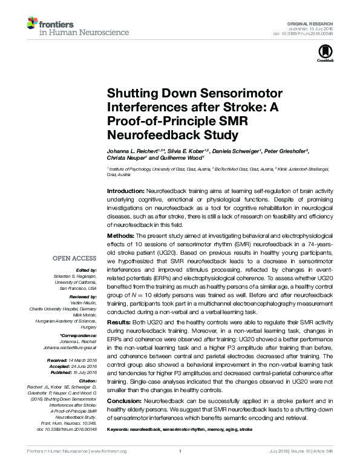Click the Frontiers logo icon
coord(31,23)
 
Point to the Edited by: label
coord(88,270)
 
